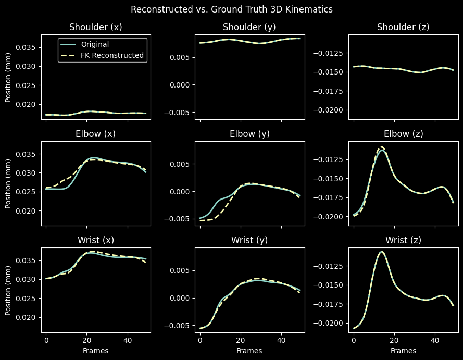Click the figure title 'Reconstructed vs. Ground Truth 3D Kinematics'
231,9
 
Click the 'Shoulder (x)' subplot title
96,28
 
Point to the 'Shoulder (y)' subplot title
249,28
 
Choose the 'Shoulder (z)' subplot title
403,28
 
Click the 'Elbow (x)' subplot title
96,134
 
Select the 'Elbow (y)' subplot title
249,134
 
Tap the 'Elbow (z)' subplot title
403,134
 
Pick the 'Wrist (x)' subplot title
96,240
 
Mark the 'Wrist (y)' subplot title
249,240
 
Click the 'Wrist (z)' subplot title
403,240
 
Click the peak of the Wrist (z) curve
382,252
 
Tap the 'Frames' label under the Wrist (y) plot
249,351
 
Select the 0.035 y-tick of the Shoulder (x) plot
27,47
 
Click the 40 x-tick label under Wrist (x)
127,340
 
